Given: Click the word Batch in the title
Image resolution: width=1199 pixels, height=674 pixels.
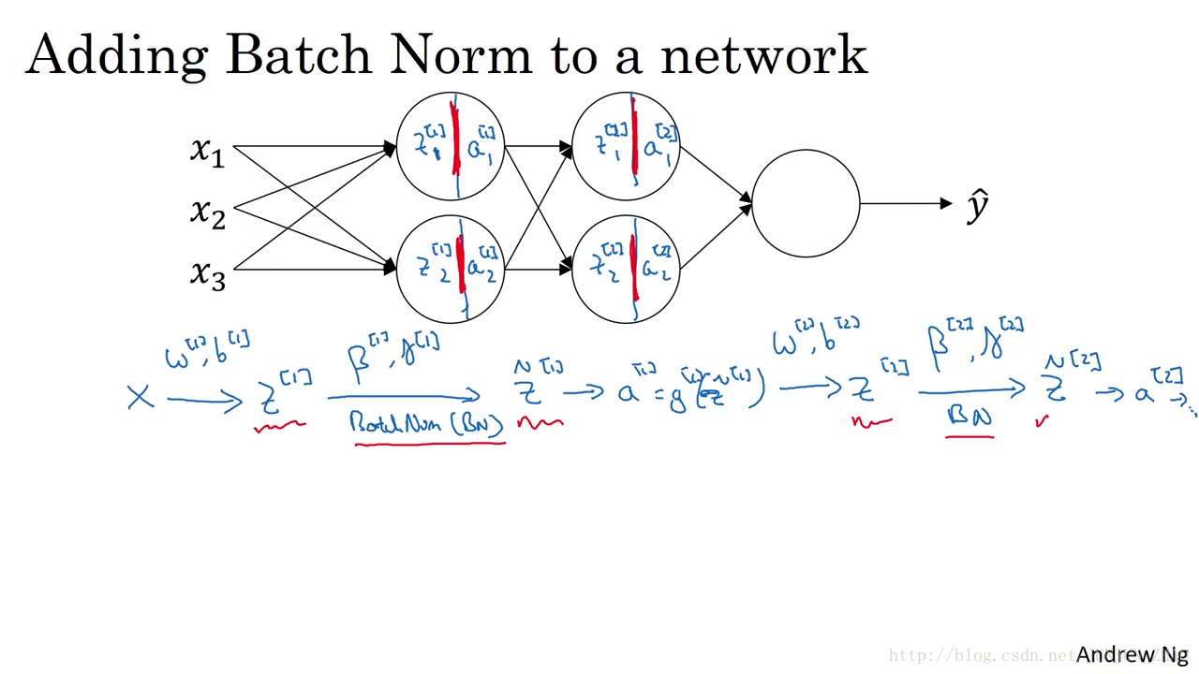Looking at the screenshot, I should tap(299, 55).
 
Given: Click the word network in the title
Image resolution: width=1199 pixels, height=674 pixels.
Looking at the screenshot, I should tap(763, 56).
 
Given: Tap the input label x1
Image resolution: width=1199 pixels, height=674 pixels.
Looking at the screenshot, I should tap(207, 150).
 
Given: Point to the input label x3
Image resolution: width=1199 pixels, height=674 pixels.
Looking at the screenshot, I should tap(207, 273).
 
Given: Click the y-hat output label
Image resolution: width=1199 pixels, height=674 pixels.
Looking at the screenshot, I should tap(978, 205).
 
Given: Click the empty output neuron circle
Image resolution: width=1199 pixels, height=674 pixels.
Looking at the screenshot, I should tap(806, 203).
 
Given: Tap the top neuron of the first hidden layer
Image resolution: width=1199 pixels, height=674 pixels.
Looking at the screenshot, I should tap(451, 146).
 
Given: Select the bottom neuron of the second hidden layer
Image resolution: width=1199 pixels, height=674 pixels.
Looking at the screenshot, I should tap(625, 269).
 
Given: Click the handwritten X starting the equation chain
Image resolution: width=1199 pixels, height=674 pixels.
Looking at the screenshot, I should tap(140, 398).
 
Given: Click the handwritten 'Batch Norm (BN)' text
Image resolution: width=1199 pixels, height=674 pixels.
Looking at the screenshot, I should tap(427, 423).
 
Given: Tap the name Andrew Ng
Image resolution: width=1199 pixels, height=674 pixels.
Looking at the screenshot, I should tap(1132, 654).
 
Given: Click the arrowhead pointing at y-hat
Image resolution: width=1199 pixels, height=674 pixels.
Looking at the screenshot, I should tap(946, 203).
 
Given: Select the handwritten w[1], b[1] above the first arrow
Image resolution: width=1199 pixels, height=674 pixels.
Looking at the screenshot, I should tap(207, 350).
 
